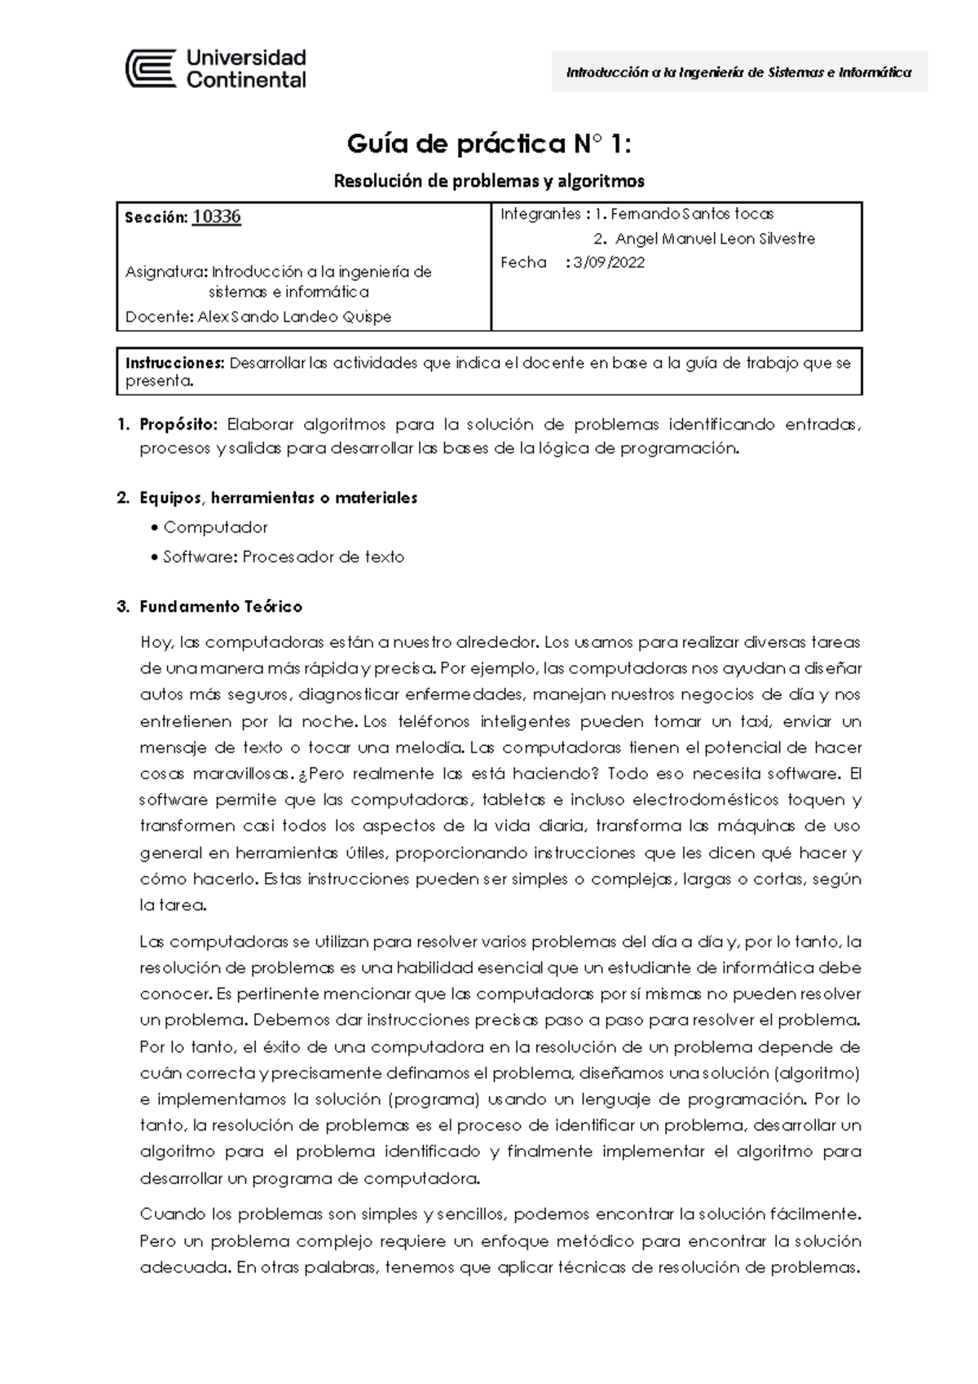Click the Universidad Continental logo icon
(151, 68)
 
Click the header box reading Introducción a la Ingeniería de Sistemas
(738, 72)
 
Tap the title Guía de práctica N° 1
(489, 144)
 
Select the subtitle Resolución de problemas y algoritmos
(489, 180)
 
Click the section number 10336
(217, 217)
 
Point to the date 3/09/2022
(609, 262)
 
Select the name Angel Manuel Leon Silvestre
(715, 239)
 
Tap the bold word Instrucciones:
(174, 363)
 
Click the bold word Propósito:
(178, 424)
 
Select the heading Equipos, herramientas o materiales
(278, 497)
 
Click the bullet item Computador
(215, 527)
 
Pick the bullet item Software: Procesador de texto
(283, 558)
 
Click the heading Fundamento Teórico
(221, 606)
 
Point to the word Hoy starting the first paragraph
(155, 642)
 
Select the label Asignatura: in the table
(167, 272)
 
